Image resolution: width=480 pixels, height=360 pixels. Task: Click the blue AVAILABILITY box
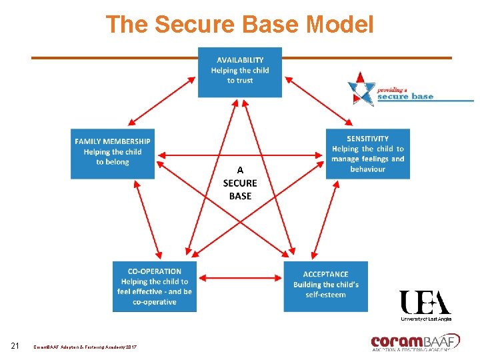coord(240,71)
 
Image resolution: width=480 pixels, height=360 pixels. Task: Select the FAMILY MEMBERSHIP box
coord(113,153)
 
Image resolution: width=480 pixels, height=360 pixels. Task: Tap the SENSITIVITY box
coord(367,153)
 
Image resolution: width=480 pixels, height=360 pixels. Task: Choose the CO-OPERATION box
coord(154,286)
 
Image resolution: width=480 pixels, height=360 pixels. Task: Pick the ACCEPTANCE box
coord(325,286)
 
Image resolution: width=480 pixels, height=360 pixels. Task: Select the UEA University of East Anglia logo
coord(425,305)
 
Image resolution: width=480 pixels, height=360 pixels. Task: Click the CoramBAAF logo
coord(415,342)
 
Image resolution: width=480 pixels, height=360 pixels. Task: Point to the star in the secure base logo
coord(363,89)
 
